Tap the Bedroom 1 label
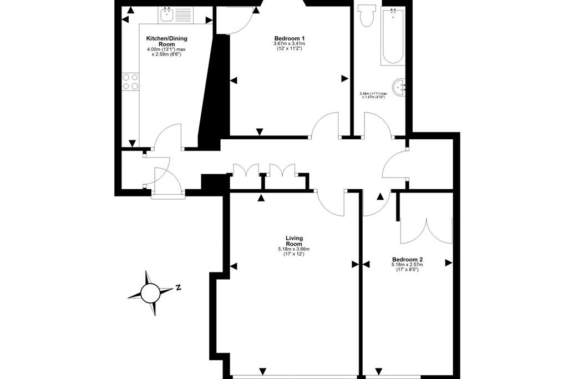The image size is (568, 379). (290, 38)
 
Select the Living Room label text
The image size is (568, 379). (294, 241)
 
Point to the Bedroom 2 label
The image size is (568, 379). (408, 260)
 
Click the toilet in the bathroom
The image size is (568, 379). (366, 16)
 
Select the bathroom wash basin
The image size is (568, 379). (400, 87)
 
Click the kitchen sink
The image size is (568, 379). (166, 15)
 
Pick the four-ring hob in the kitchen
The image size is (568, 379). (130, 81)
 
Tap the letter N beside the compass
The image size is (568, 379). (177, 287)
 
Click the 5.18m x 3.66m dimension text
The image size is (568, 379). (294, 249)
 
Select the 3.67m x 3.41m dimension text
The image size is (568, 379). (290, 43)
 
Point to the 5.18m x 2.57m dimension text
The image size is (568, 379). (408, 265)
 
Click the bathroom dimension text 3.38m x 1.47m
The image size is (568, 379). (373, 95)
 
